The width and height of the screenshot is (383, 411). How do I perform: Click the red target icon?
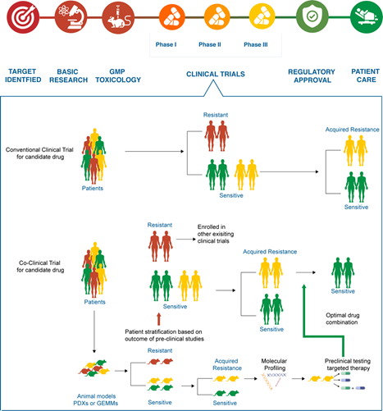tap(23, 17)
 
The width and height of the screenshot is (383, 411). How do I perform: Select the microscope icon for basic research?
tap(71, 17)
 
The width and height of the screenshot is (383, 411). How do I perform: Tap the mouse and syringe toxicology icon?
tap(118, 17)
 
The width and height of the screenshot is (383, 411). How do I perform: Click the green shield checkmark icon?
tap(312, 17)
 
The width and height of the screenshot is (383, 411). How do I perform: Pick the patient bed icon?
tap(367, 17)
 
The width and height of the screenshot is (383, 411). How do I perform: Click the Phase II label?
tap(210, 44)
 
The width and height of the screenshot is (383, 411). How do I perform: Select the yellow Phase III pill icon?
tap(262, 17)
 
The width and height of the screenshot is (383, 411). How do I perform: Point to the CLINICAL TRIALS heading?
tap(216, 74)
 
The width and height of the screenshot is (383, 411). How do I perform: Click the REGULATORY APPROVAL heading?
tap(312, 75)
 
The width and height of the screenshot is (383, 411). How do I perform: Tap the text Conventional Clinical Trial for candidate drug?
tap(39, 153)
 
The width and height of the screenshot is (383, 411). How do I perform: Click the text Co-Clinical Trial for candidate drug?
tap(40, 267)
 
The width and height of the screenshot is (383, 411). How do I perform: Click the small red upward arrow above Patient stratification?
tap(158, 319)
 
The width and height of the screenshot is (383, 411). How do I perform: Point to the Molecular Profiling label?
tap(275, 364)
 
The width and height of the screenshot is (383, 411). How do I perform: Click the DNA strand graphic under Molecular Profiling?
tap(274, 381)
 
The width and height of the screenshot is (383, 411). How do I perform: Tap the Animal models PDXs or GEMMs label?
tap(96, 400)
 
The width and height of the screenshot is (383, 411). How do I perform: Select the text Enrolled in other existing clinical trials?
tap(216, 234)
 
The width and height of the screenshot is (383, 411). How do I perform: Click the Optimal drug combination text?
tap(342, 318)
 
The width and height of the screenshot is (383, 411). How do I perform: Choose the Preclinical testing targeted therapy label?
tap(348, 364)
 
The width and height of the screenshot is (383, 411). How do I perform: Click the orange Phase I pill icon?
tap(171, 17)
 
